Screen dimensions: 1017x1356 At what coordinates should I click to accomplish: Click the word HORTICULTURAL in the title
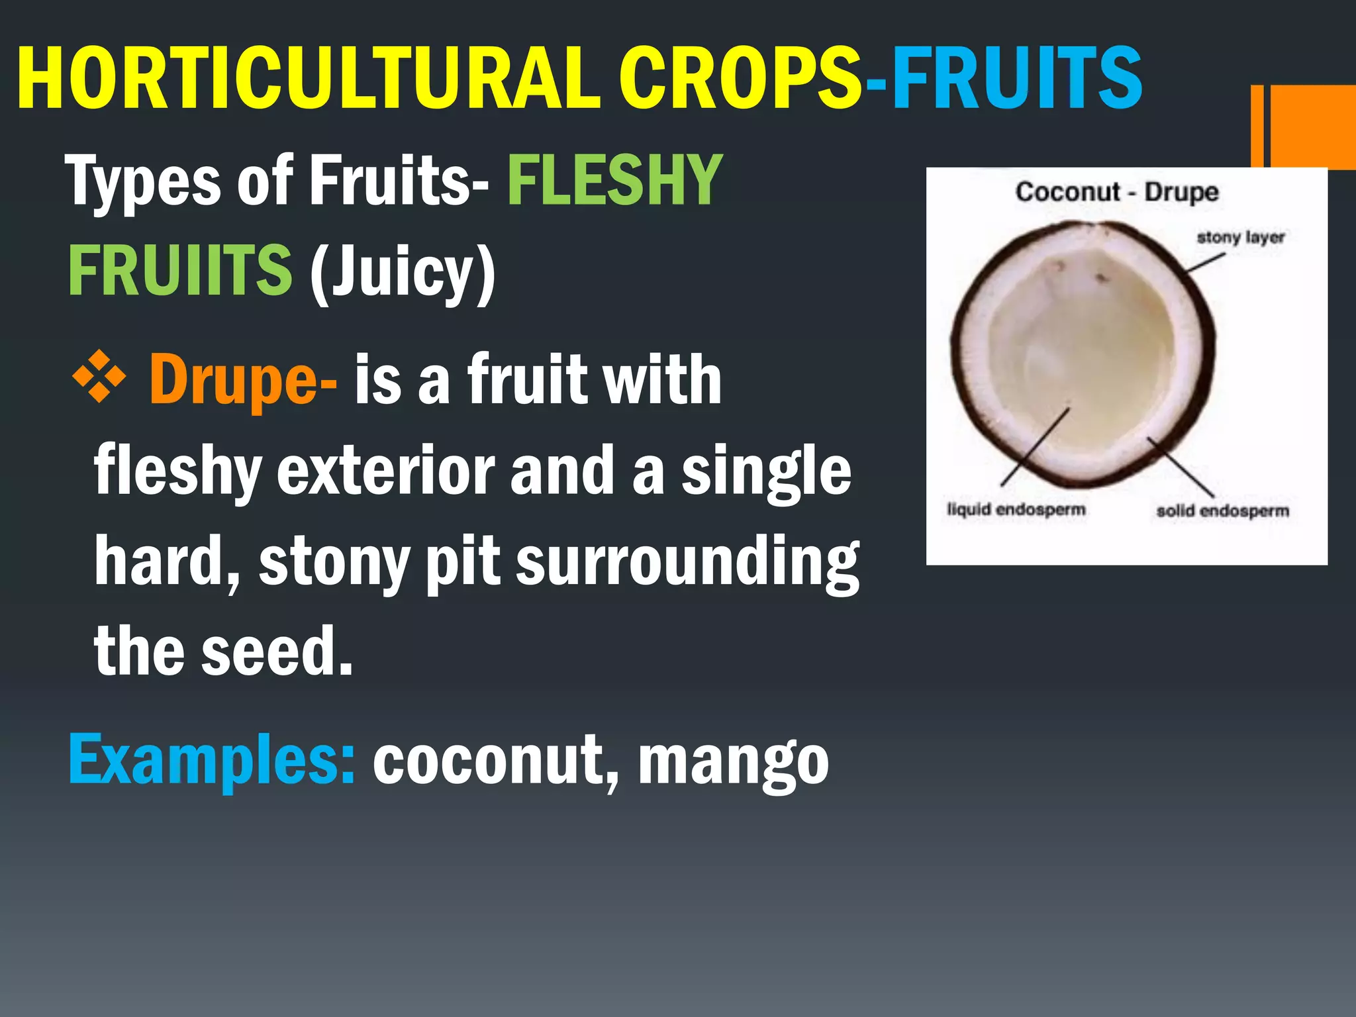coord(308,78)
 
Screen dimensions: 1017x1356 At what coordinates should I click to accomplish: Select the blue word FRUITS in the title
coord(1016,78)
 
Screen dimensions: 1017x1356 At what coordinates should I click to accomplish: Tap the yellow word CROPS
coord(740,78)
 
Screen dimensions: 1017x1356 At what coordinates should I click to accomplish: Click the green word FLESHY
coord(614,180)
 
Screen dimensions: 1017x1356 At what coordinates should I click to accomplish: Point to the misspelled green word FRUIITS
coord(180,270)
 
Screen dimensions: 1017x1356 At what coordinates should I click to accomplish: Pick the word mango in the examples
coord(733,761)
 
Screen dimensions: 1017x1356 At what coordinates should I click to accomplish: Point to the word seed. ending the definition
coord(277,652)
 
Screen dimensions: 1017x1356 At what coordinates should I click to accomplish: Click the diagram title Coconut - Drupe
coord(1117,192)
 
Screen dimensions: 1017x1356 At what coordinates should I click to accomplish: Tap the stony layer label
coord(1240,237)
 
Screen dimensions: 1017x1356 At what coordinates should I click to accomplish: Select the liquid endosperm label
coord(1016,509)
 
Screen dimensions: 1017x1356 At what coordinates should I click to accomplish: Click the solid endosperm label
coord(1222,510)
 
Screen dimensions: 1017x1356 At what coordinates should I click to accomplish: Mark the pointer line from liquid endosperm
coord(1035,447)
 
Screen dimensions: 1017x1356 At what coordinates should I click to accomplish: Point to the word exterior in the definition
coord(385,471)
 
